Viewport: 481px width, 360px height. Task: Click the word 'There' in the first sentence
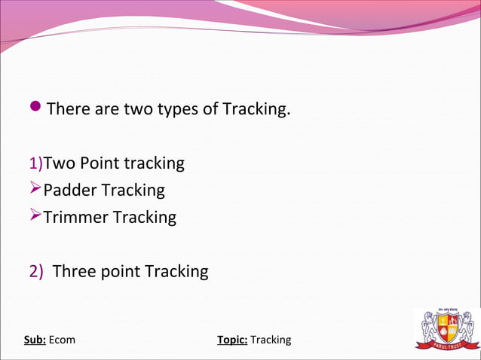(x=66, y=109)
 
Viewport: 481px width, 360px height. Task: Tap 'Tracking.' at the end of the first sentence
(x=256, y=109)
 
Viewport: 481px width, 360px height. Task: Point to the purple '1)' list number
(x=35, y=163)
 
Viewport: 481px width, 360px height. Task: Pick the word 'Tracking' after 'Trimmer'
(x=144, y=218)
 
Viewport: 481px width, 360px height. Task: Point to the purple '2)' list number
(x=37, y=271)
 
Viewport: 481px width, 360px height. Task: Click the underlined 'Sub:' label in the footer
(x=35, y=340)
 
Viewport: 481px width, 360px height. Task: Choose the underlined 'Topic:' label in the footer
(x=232, y=340)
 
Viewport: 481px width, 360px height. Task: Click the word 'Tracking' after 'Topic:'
(x=271, y=340)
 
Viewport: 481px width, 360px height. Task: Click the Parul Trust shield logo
(x=447, y=329)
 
